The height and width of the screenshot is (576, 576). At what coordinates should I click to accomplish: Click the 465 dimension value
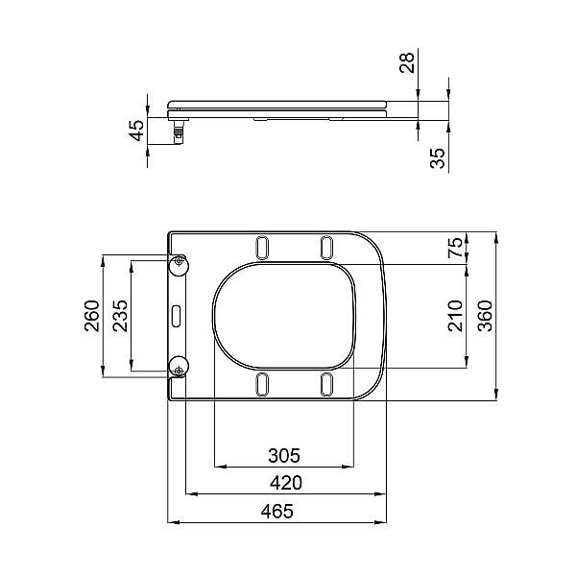pyautogui.click(x=276, y=512)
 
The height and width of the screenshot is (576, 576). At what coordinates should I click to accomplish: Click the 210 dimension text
pyautogui.click(x=456, y=315)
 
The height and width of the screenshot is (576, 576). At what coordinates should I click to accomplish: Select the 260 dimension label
pyautogui.click(x=92, y=315)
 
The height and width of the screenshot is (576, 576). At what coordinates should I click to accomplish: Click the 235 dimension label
pyautogui.click(x=121, y=315)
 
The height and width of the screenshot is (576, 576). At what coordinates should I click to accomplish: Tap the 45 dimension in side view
pyautogui.click(x=137, y=130)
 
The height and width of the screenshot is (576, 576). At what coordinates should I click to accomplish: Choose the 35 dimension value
pyautogui.click(x=437, y=158)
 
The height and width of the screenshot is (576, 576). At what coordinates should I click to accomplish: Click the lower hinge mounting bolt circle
pyautogui.click(x=179, y=366)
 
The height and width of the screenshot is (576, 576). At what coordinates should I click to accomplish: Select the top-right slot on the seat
pyautogui.click(x=326, y=246)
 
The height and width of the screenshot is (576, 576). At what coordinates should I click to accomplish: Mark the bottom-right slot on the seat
pyautogui.click(x=326, y=383)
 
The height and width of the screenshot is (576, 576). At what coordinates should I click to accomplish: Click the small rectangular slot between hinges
pyautogui.click(x=177, y=314)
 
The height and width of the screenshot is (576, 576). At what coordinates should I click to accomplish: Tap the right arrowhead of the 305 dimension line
pyautogui.click(x=351, y=467)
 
